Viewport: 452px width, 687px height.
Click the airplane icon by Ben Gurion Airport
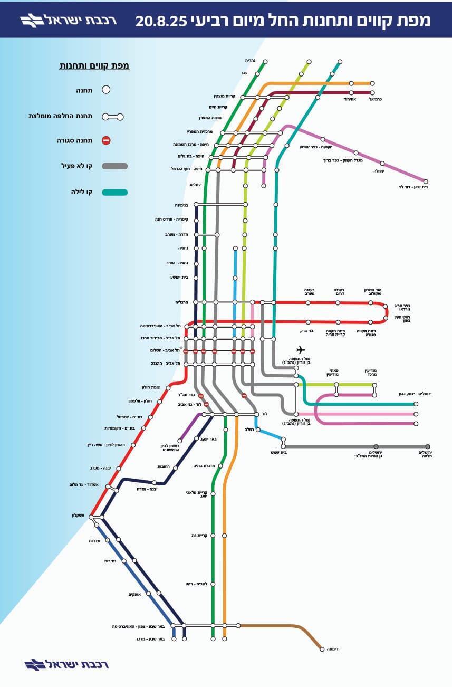click(x=301, y=349)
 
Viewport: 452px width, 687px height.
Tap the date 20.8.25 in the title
click(x=161, y=21)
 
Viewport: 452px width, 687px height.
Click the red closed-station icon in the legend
click(x=106, y=140)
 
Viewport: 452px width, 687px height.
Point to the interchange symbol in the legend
click(x=113, y=116)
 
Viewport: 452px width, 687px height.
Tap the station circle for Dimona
click(x=322, y=649)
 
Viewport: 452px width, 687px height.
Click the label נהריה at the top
click(x=251, y=60)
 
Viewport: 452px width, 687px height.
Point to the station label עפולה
click(x=379, y=171)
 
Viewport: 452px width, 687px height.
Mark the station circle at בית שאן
click(x=425, y=181)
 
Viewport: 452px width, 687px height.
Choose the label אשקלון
click(x=79, y=515)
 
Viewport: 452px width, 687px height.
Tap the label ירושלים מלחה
click(x=426, y=454)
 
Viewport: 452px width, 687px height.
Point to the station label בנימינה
click(x=181, y=205)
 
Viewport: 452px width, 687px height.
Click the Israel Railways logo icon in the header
click(x=33, y=21)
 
